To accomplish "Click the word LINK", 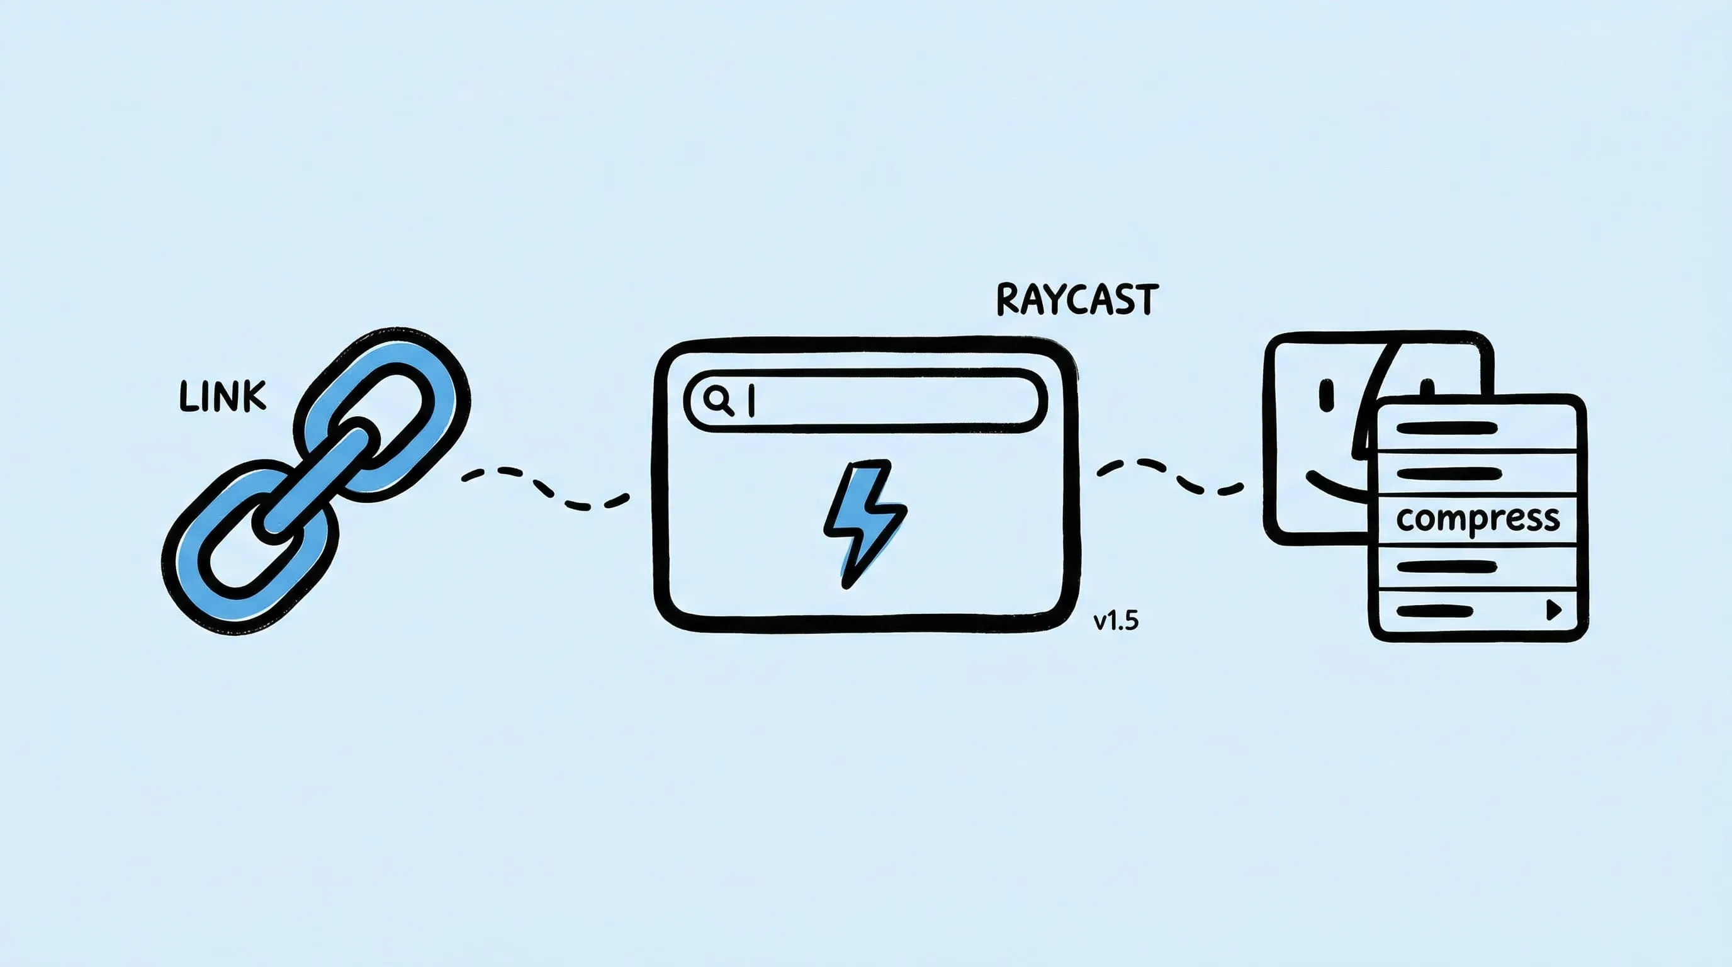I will tap(223, 397).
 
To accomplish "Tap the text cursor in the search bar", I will tap(751, 401).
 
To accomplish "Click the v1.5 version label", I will tap(1116, 621).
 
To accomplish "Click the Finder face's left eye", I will tap(1327, 395).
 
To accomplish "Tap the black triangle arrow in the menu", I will tap(1554, 610).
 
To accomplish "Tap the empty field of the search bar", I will tap(894, 401).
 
